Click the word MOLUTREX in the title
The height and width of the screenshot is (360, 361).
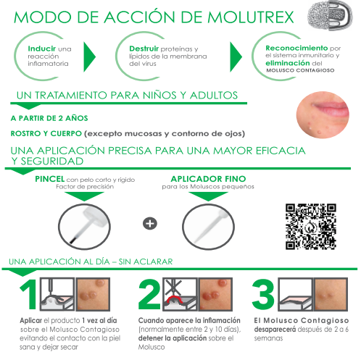pos(251,17)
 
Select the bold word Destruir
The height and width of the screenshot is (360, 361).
pos(144,49)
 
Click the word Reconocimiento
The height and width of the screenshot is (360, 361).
pos(296,48)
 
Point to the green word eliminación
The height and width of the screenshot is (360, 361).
pos(287,63)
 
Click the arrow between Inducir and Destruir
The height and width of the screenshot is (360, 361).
pos(90,56)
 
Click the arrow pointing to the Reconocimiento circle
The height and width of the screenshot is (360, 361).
pos(236,56)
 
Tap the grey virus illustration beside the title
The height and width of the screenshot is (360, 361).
pos(330,15)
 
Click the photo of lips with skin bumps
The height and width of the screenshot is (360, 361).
pos(323,114)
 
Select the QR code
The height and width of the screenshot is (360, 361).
pos(311,227)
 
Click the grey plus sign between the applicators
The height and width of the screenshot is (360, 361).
pos(150,223)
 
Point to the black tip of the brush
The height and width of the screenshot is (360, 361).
pos(73,240)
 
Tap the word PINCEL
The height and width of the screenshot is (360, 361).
pos(50,179)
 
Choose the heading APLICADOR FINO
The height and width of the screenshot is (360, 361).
pos(208,179)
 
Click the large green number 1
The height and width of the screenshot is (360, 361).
pos(29,294)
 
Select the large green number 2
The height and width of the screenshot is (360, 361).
pos(149,294)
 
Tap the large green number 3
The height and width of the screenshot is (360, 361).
pos(263,294)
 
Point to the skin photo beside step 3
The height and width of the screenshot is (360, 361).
pos(331,294)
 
